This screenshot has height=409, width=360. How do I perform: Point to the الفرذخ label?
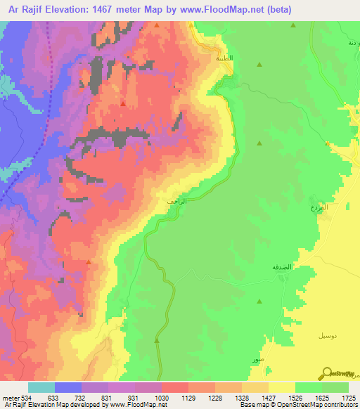(319, 209)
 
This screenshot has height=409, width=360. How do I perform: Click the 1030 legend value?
(160, 398)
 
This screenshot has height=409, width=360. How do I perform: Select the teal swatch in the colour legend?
(41, 387)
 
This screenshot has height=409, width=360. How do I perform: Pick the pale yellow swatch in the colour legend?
(282, 387)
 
